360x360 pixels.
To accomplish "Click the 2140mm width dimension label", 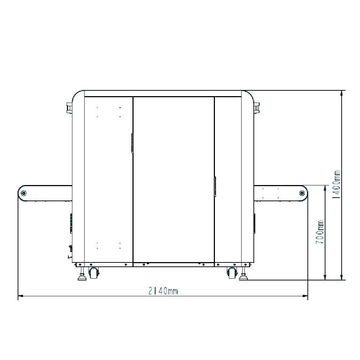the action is coord(163,291).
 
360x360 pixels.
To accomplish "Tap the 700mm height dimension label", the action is coord(320,232).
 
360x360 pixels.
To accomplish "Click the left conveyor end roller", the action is coord(23,193).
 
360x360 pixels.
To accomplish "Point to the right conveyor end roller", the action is coord(302,193).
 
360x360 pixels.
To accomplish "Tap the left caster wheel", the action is coord(94,273).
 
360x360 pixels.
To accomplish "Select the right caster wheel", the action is coord(231,273).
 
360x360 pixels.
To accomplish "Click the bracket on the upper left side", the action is coord(69,108).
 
